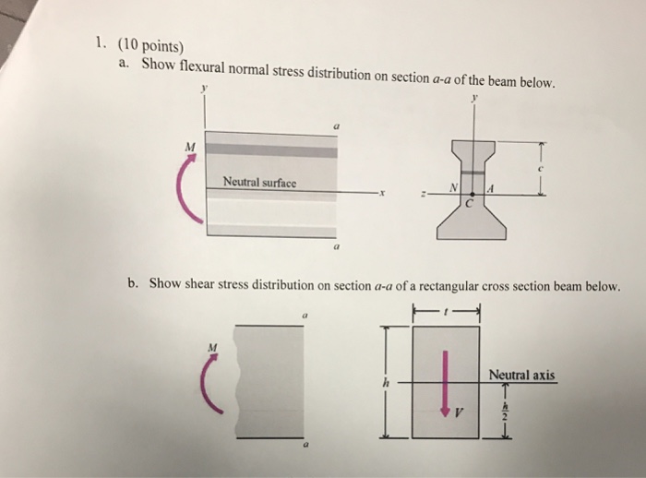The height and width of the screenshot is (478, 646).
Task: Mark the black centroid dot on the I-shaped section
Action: [473, 194]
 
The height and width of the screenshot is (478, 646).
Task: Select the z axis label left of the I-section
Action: [425, 195]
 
